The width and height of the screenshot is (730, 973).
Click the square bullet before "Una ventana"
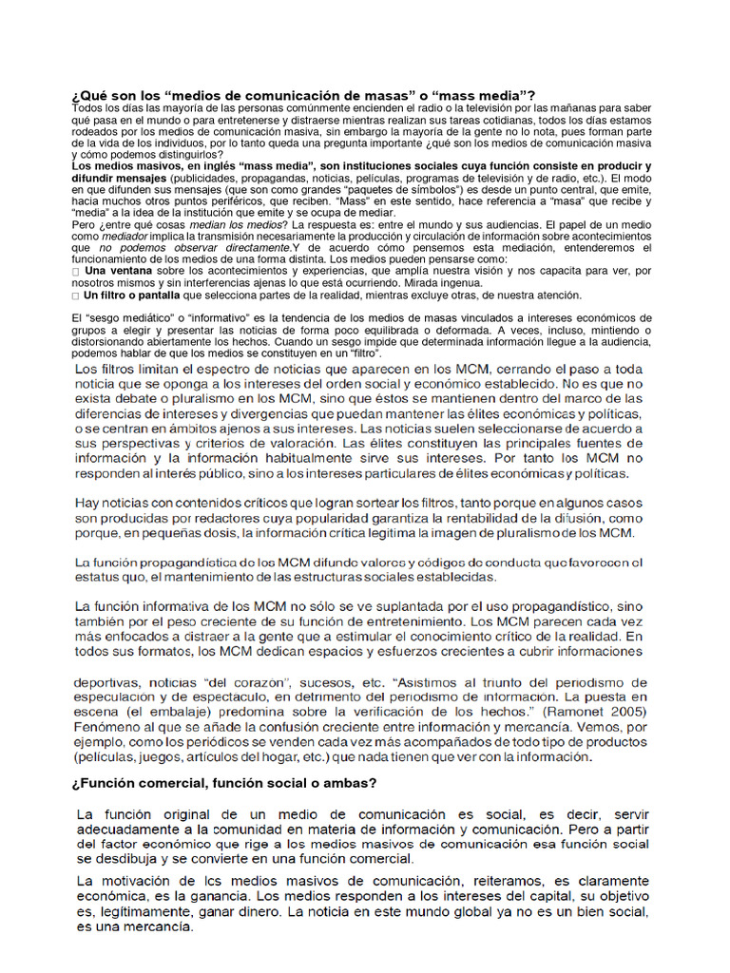tap(75, 272)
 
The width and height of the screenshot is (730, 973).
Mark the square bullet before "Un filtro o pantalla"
tap(75, 296)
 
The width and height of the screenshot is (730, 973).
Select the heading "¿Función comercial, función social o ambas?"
tap(224, 783)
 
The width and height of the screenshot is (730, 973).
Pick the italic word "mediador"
tap(125, 236)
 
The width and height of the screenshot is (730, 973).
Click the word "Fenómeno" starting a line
tap(106, 726)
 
